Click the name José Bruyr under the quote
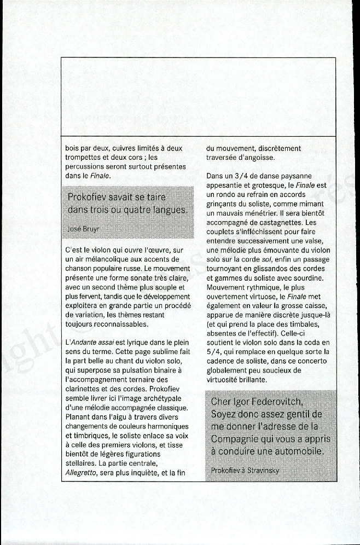83,229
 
